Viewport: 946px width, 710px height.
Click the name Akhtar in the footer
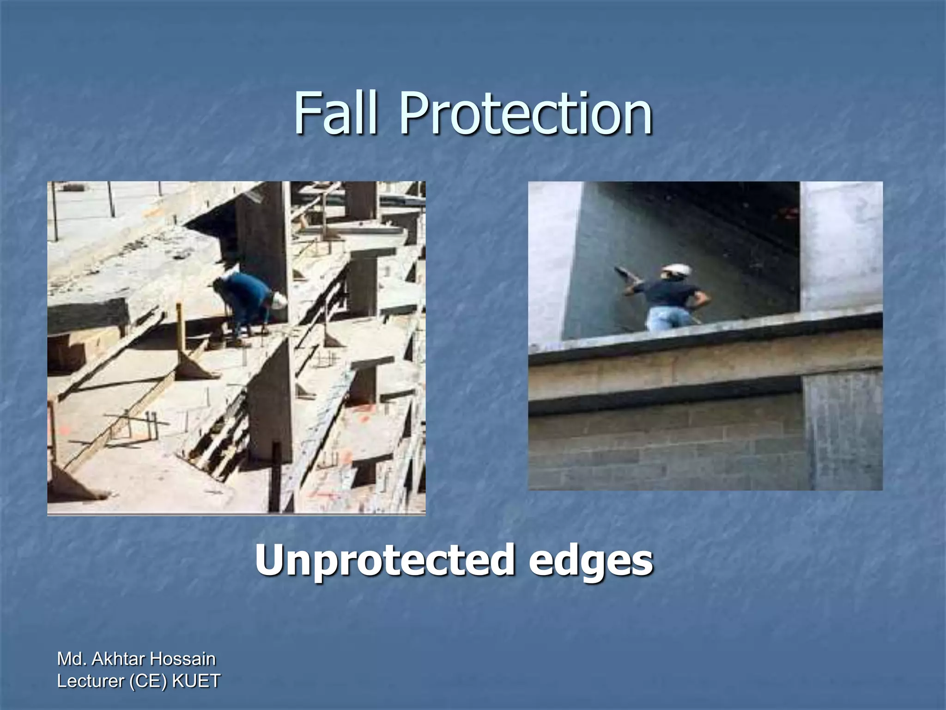(121, 659)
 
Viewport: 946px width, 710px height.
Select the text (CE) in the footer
(149, 681)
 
